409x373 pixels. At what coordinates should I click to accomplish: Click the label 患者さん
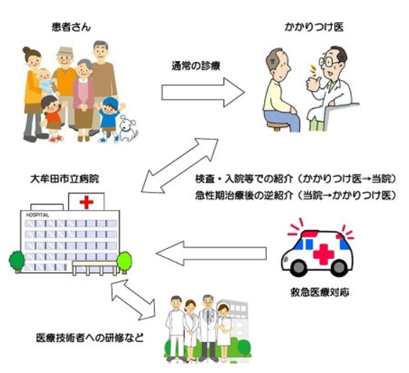coord(71,27)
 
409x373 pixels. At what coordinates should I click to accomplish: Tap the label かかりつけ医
coord(314,27)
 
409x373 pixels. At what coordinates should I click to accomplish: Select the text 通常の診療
coord(195,66)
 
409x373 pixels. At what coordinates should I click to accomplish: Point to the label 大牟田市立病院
coord(64,179)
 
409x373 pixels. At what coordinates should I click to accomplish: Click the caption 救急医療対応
coord(320,292)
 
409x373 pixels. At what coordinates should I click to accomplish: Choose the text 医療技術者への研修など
coord(90,338)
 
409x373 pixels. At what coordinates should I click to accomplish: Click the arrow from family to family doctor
coord(203,92)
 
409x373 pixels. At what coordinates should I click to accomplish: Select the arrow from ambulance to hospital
coord(211,253)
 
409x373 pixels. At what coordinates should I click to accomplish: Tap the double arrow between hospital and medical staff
coord(133,299)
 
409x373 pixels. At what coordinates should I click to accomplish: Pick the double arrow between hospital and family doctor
coord(180,166)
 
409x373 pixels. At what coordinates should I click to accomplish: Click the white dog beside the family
coord(128,128)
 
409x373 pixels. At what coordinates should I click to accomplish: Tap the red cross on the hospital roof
coord(87,202)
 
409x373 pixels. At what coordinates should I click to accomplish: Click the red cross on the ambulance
coord(324,254)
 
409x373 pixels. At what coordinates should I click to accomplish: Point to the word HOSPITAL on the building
coord(38,215)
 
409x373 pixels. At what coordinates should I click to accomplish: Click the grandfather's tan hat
coord(65,52)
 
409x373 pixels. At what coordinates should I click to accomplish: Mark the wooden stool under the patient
coord(277,126)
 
